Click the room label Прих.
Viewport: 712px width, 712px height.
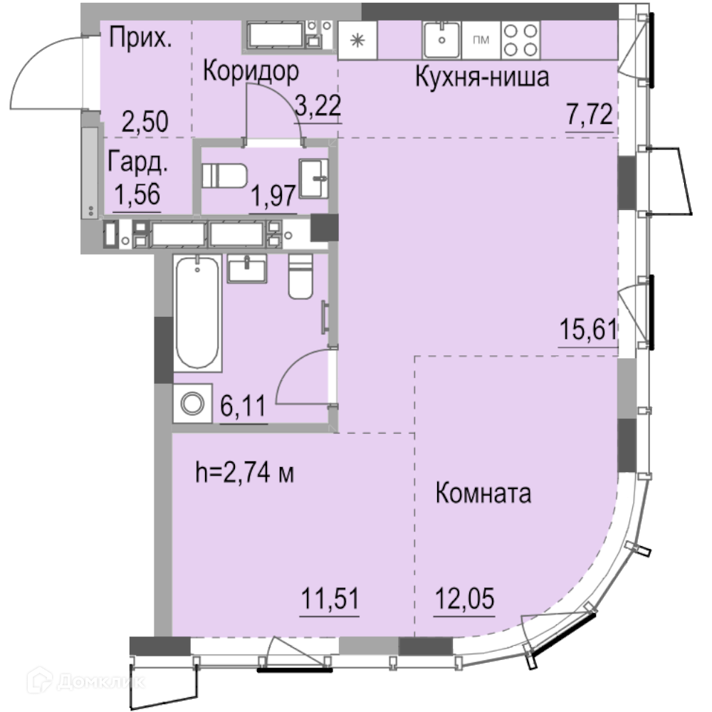pyautogui.click(x=141, y=38)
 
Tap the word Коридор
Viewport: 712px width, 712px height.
pyautogui.click(x=251, y=72)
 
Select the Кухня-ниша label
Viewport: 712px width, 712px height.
pyautogui.click(x=482, y=77)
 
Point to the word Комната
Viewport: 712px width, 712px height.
pyautogui.click(x=483, y=493)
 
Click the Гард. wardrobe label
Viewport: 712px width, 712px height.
pyautogui.click(x=138, y=162)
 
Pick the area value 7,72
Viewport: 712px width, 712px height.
pyautogui.click(x=590, y=115)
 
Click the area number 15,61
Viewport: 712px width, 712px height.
pyautogui.click(x=589, y=329)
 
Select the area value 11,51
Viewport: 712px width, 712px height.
pyautogui.click(x=330, y=599)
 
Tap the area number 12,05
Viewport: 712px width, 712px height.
pyautogui.click(x=464, y=599)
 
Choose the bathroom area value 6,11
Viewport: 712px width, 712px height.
pyautogui.click(x=244, y=406)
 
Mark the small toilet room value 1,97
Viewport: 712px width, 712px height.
pyautogui.click(x=273, y=197)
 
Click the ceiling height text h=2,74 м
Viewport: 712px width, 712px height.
pyautogui.click(x=245, y=472)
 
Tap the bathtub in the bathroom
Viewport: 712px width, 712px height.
pyautogui.click(x=197, y=313)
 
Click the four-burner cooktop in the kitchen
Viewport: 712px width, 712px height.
pyautogui.click(x=520, y=40)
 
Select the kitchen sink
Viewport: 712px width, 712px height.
pyautogui.click(x=442, y=40)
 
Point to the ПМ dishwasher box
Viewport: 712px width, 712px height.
pyautogui.click(x=481, y=40)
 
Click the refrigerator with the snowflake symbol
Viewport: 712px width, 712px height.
pyautogui.click(x=358, y=41)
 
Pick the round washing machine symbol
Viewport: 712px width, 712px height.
pyautogui.click(x=192, y=404)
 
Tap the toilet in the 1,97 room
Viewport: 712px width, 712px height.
pyautogui.click(x=224, y=175)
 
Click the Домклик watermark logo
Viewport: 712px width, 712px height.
pyautogui.click(x=86, y=681)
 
